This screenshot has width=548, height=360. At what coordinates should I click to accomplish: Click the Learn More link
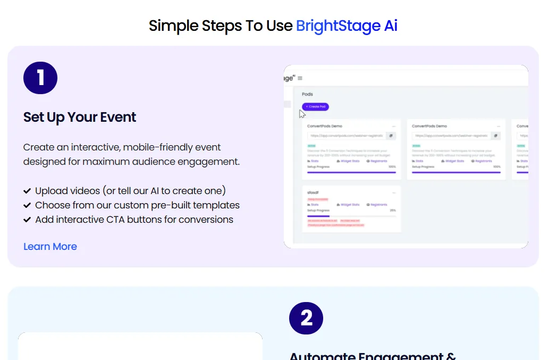(x=50, y=247)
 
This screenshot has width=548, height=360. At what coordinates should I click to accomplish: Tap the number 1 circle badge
(x=40, y=78)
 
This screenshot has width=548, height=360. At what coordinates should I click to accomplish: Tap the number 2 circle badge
(x=306, y=318)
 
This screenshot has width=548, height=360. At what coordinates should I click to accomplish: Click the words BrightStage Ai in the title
(x=347, y=26)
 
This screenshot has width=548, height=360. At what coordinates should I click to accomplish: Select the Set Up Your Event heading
(x=80, y=117)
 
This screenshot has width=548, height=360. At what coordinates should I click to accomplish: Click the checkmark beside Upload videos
(x=27, y=191)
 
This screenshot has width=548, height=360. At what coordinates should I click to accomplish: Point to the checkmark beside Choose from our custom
(x=27, y=205)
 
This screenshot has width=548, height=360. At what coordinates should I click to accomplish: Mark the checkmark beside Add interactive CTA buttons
(x=27, y=220)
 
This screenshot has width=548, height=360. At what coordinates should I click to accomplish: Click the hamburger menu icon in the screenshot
(x=300, y=78)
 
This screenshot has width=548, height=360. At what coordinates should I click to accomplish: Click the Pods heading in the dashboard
(x=307, y=94)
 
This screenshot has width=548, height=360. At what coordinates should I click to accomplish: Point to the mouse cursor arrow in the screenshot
(x=302, y=113)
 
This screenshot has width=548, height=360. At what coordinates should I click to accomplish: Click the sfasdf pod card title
(x=313, y=192)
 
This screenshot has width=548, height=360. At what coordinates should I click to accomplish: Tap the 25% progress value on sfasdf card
(x=392, y=211)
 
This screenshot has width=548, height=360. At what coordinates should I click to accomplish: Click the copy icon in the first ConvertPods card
(x=391, y=136)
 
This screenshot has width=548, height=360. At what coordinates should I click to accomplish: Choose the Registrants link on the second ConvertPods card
(x=482, y=161)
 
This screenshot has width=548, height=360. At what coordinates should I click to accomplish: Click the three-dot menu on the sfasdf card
(x=394, y=192)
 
